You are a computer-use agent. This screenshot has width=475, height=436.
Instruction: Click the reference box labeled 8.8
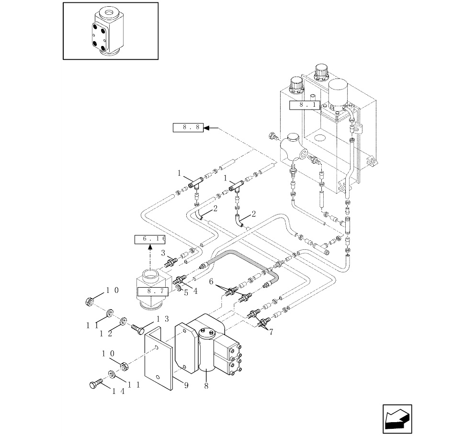click(x=188, y=128)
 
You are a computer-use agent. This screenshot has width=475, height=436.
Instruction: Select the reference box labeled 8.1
click(x=305, y=105)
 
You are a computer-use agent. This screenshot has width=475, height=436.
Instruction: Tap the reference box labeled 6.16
click(x=150, y=239)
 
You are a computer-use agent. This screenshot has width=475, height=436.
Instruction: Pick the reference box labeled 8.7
click(x=153, y=291)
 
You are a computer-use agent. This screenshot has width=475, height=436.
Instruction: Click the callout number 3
click(x=163, y=253)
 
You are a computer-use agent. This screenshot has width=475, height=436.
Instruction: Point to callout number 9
click(x=186, y=385)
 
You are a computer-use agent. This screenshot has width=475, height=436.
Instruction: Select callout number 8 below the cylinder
click(x=206, y=386)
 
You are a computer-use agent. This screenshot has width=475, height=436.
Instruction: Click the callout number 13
click(x=162, y=319)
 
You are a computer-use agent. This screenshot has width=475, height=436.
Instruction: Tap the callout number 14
click(x=118, y=391)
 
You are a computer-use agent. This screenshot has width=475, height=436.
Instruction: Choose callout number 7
click(x=271, y=332)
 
